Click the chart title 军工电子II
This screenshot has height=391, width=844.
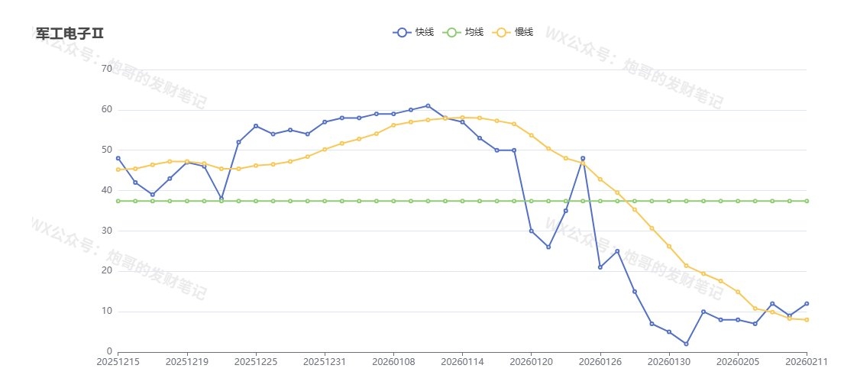70,34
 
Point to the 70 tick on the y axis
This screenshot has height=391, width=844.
107,69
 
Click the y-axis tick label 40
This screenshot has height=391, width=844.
107,190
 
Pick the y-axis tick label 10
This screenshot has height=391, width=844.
107,312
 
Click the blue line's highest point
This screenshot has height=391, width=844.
428,105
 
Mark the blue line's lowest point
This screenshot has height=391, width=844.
686,344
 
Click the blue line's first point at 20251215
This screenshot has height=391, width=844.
118,158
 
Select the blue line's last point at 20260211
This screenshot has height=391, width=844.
807,303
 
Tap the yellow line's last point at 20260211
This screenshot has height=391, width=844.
807,320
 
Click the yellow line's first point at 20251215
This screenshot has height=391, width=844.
118,170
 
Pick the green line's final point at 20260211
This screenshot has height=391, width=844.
807,201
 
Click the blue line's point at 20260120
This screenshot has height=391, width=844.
532,231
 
